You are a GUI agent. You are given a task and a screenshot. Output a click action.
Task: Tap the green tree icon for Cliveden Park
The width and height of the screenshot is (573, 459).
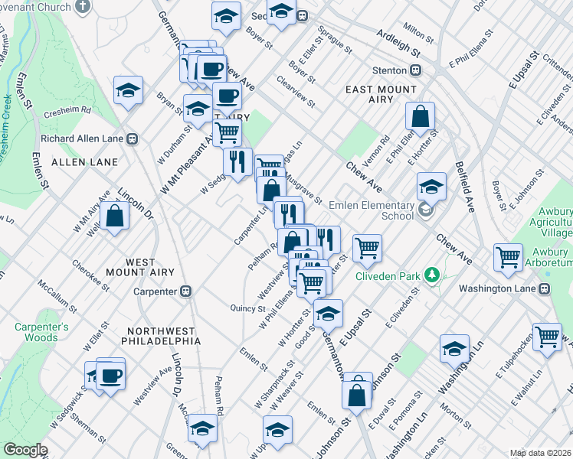(432, 274)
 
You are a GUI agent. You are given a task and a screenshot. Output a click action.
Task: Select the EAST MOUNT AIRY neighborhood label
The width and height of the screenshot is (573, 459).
(380, 90)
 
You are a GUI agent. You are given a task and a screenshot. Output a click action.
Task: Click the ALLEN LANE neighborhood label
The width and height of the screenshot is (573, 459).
(84, 162)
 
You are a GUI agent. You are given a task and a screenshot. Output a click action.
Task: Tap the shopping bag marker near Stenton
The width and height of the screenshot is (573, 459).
(421, 118)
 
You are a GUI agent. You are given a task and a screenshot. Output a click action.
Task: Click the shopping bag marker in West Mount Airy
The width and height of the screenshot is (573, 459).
(114, 216)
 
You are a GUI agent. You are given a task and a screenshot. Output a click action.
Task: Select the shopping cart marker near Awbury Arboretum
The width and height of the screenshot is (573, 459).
(509, 259)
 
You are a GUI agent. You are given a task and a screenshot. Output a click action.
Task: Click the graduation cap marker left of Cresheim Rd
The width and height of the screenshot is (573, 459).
(129, 91)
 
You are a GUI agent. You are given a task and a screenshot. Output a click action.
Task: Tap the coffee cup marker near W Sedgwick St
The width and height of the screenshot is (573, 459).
(110, 376)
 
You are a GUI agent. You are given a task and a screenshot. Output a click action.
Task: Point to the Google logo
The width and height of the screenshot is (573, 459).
(25, 450)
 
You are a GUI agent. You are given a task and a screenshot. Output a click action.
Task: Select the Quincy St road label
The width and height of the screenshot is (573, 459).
(247, 308)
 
